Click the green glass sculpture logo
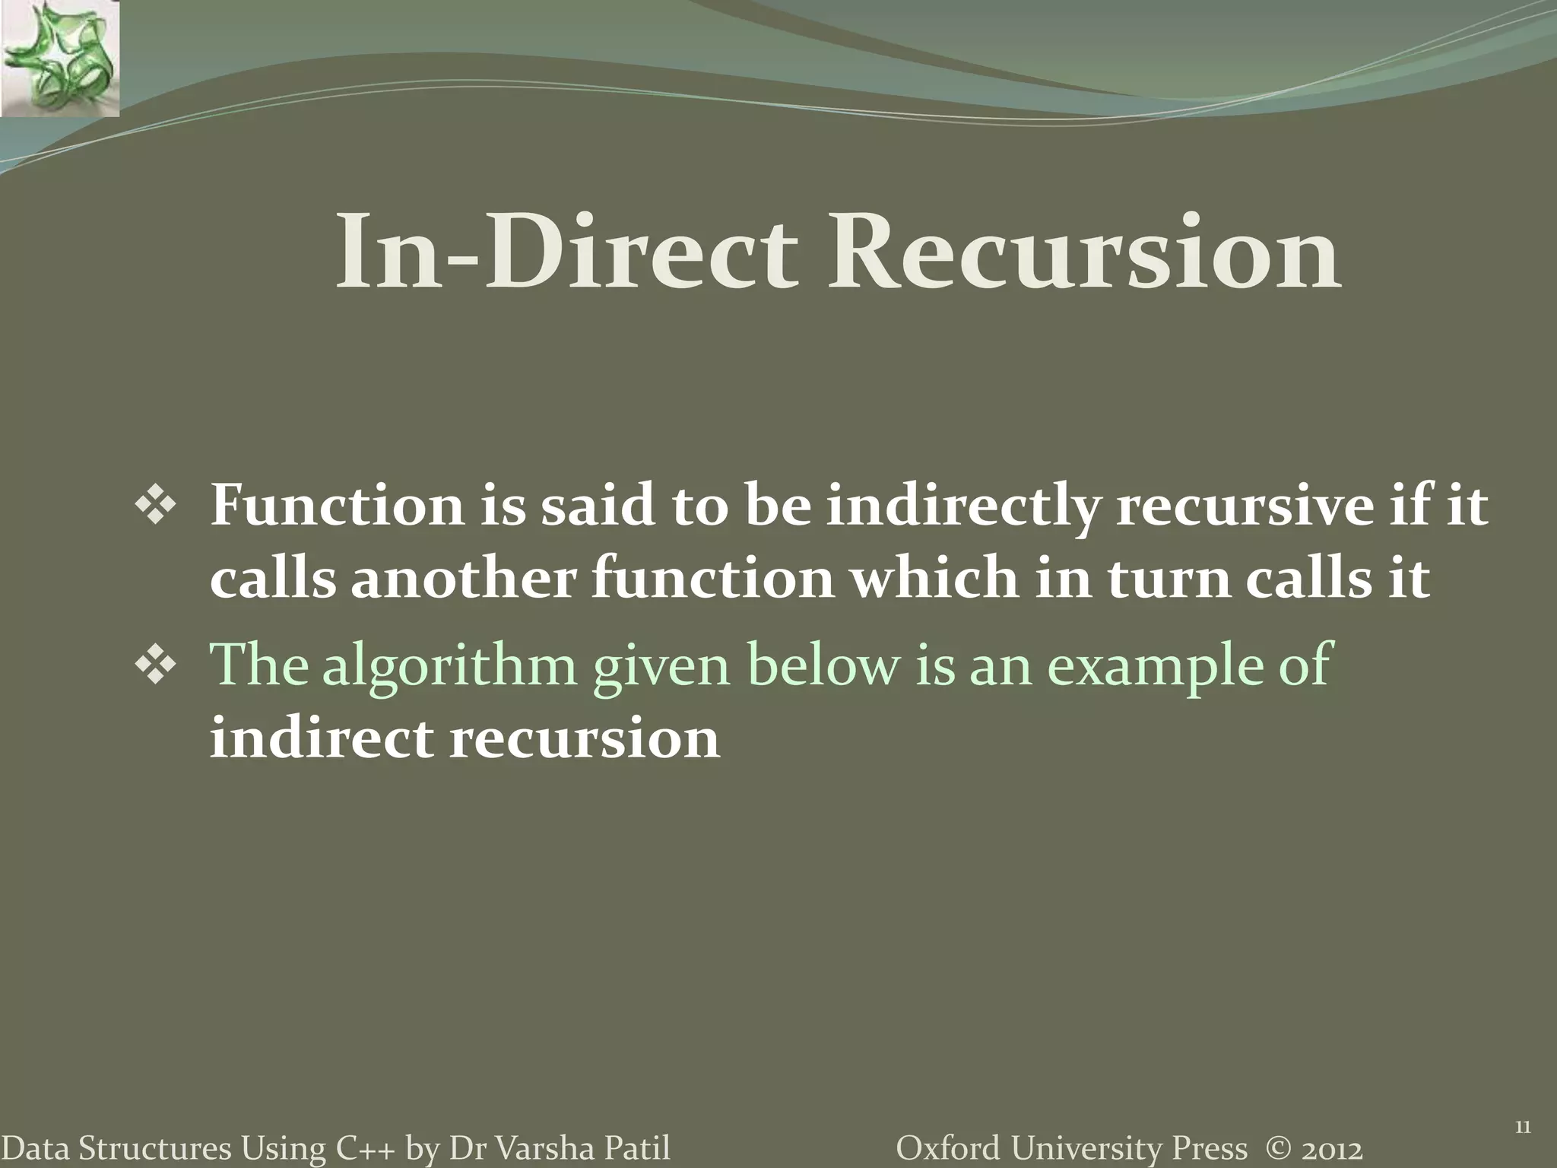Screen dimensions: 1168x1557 (x=59, y=59)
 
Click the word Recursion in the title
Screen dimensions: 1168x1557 (x=1085, y=252)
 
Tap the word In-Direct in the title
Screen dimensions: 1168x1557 (x=566, y=252)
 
